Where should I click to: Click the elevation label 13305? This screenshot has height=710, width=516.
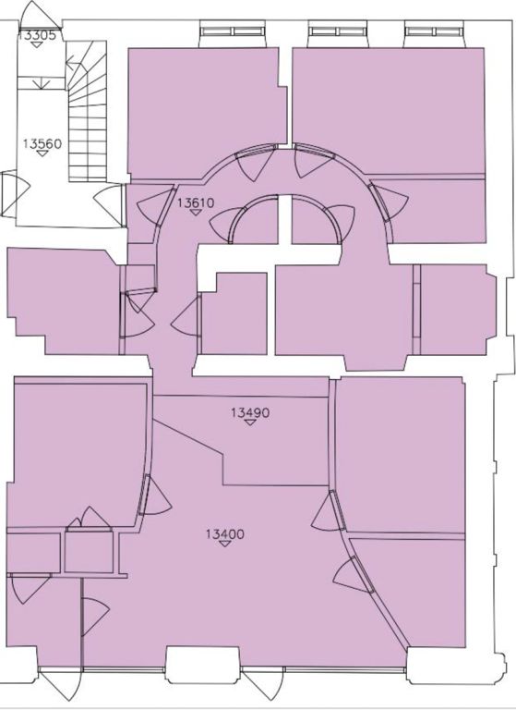tap(37, 35)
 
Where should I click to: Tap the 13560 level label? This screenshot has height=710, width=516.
tap(42, 144)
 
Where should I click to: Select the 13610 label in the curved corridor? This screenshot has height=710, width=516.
tap(196, 202)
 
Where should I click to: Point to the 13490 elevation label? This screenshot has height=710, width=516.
tap(250, 412)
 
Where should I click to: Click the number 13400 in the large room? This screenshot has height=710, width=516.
tap(224, 534)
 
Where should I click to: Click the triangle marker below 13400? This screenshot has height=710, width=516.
tap(224, 544)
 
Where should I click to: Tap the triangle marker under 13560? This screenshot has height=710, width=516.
tap(42, 153)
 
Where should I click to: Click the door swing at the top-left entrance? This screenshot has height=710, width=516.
tap(40, 16)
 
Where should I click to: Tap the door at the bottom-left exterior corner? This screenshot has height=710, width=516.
tap(60, 685)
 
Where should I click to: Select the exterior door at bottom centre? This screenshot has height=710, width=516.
tap(263, 684)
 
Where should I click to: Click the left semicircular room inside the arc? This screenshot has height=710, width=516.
tap(254, 221)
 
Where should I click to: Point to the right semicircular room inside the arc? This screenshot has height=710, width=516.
tap(315, 221)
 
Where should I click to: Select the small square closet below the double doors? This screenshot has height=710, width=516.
tap(89, 552)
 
